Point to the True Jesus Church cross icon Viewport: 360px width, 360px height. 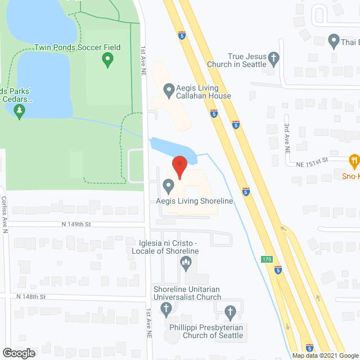pyautogui.click(x=273, y=58)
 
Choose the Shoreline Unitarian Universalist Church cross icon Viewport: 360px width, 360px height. pyautogui.click(x=166, y=308)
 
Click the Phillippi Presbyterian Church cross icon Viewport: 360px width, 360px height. pyautogui.click(x=230, y=311)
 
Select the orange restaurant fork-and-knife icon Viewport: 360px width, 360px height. pyautogui.click(x=354, y=161)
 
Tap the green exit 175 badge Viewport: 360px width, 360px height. pyautogui.click(x=267, y=259)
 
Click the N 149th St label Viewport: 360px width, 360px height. pyautogui.click(x=76, y=224)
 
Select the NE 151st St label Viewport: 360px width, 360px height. pyautogui.click(x=313, y=161)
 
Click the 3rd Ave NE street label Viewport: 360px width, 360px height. pyautogui.click(x=286, y=139)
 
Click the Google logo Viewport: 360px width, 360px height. pyautogui.click(x=18, y=353)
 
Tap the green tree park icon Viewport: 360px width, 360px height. pyautogui.click(x=21, y=111)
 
